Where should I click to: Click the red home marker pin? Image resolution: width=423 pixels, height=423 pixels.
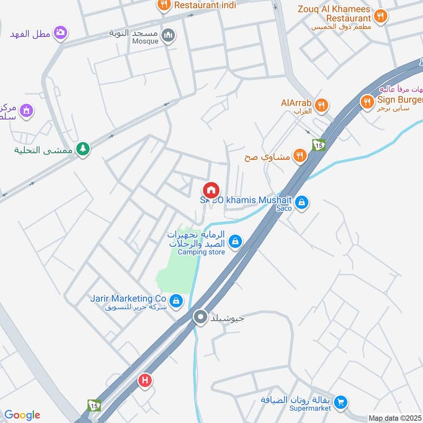pyautogui.click(x=210, y=189)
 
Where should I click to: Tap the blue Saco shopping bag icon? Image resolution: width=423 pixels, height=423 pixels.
pyautogui.click(x=301, y=202)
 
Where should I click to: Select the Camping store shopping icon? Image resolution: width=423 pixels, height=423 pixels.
pyautogui.click(x=235, y=242)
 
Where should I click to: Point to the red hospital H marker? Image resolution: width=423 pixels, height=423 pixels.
pyautogui.click(x=144, y=380)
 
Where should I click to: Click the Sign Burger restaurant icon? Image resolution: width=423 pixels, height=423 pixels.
pyautogui.click(x=367, y=102)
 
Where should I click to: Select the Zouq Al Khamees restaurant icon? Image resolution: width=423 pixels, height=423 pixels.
pyautogui.click(x=380, y=16)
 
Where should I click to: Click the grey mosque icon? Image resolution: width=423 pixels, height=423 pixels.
pyautogui.click(x=169, y=35)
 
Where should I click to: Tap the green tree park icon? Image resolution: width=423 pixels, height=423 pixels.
pyautogui.click(x=82, y=149)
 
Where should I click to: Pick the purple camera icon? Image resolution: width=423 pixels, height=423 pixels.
pyautogui.click(x=60, y=33)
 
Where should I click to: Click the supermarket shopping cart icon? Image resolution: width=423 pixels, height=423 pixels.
pyautogui.click(x=341, y=402)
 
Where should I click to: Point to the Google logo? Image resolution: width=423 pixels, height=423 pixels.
pyautogui.click(x=22, y=415)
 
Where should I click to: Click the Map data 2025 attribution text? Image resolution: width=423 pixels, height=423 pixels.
pyautogui.click(x=394, y=418)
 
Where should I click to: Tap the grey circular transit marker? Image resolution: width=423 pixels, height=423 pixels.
pyautogui.click(x=200, y=317)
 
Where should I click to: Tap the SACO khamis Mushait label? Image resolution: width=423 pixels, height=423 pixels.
pyautogui.click(x=247, y=200)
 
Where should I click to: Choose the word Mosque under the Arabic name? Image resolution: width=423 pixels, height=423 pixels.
pyautogui.click(x=145, y=41)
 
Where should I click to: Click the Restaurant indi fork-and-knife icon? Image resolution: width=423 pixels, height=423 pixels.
pyautogui.click(x=164, y=5)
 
